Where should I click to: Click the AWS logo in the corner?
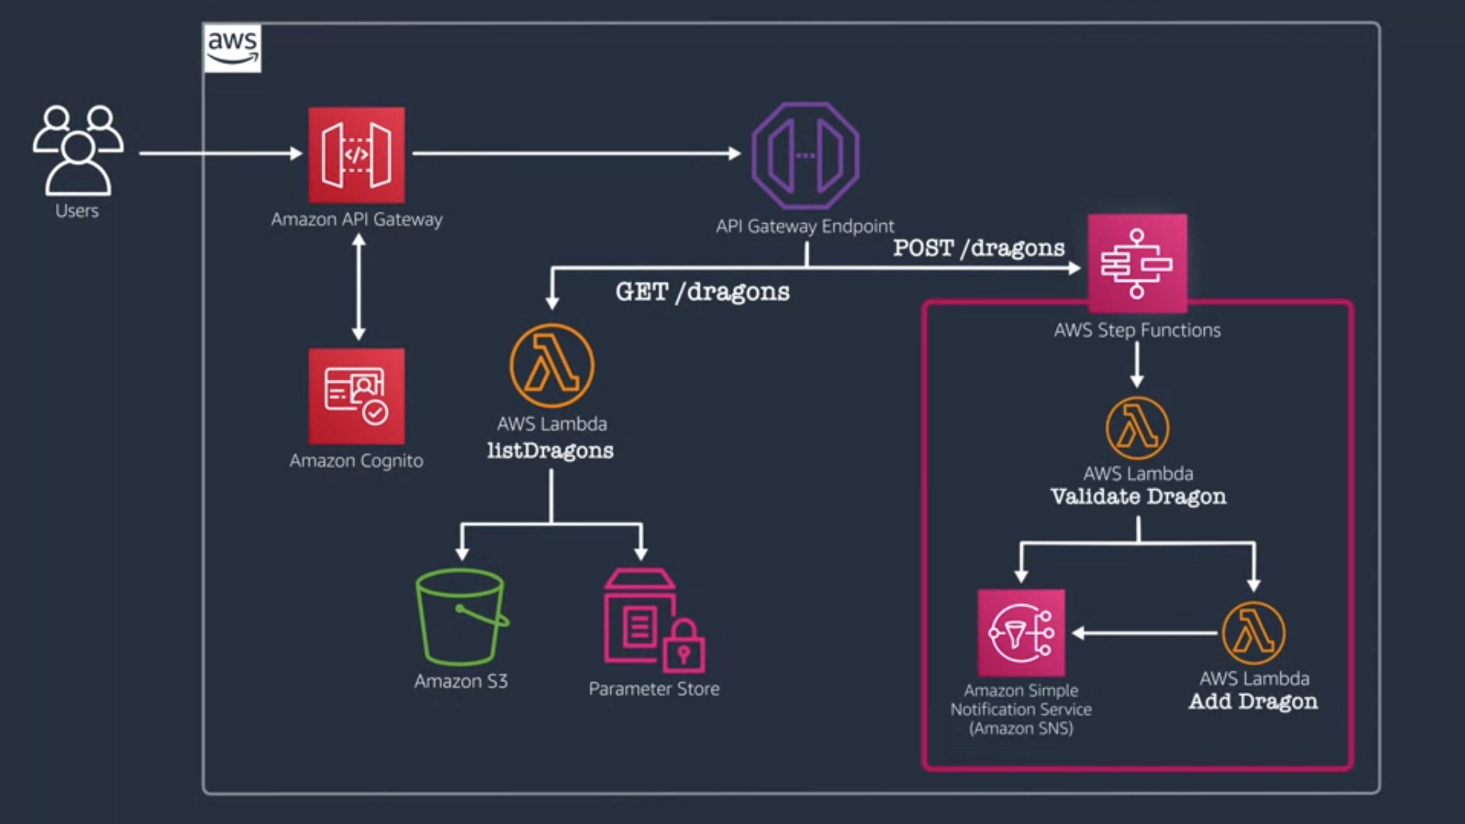tap(232, 48)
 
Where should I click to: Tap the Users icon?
tap(77, 150)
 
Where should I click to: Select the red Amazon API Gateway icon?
tap(356, 155)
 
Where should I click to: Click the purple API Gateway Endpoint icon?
tap(805, 155)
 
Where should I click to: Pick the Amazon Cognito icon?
tap(356, 396)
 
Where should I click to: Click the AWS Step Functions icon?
tap(1137, 263)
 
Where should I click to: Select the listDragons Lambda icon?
tap(552, 366)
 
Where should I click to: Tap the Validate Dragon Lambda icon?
tap(1137, 428)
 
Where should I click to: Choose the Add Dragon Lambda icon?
tap(1254, 633)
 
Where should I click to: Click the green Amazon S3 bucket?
tap(461, 617)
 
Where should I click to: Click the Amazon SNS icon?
tap(1021, 632)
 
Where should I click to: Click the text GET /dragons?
tap(702, 291)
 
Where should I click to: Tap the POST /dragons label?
tap(979, 248)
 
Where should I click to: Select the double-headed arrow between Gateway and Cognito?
tap(359, 287)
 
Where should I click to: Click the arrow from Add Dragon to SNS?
tap(1144, 633)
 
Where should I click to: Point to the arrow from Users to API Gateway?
tap(221, 153)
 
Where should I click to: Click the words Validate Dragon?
tap(1138, 496)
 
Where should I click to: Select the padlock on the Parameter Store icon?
tap(684, 648)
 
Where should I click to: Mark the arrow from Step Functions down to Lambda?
tap(1137, 365)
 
